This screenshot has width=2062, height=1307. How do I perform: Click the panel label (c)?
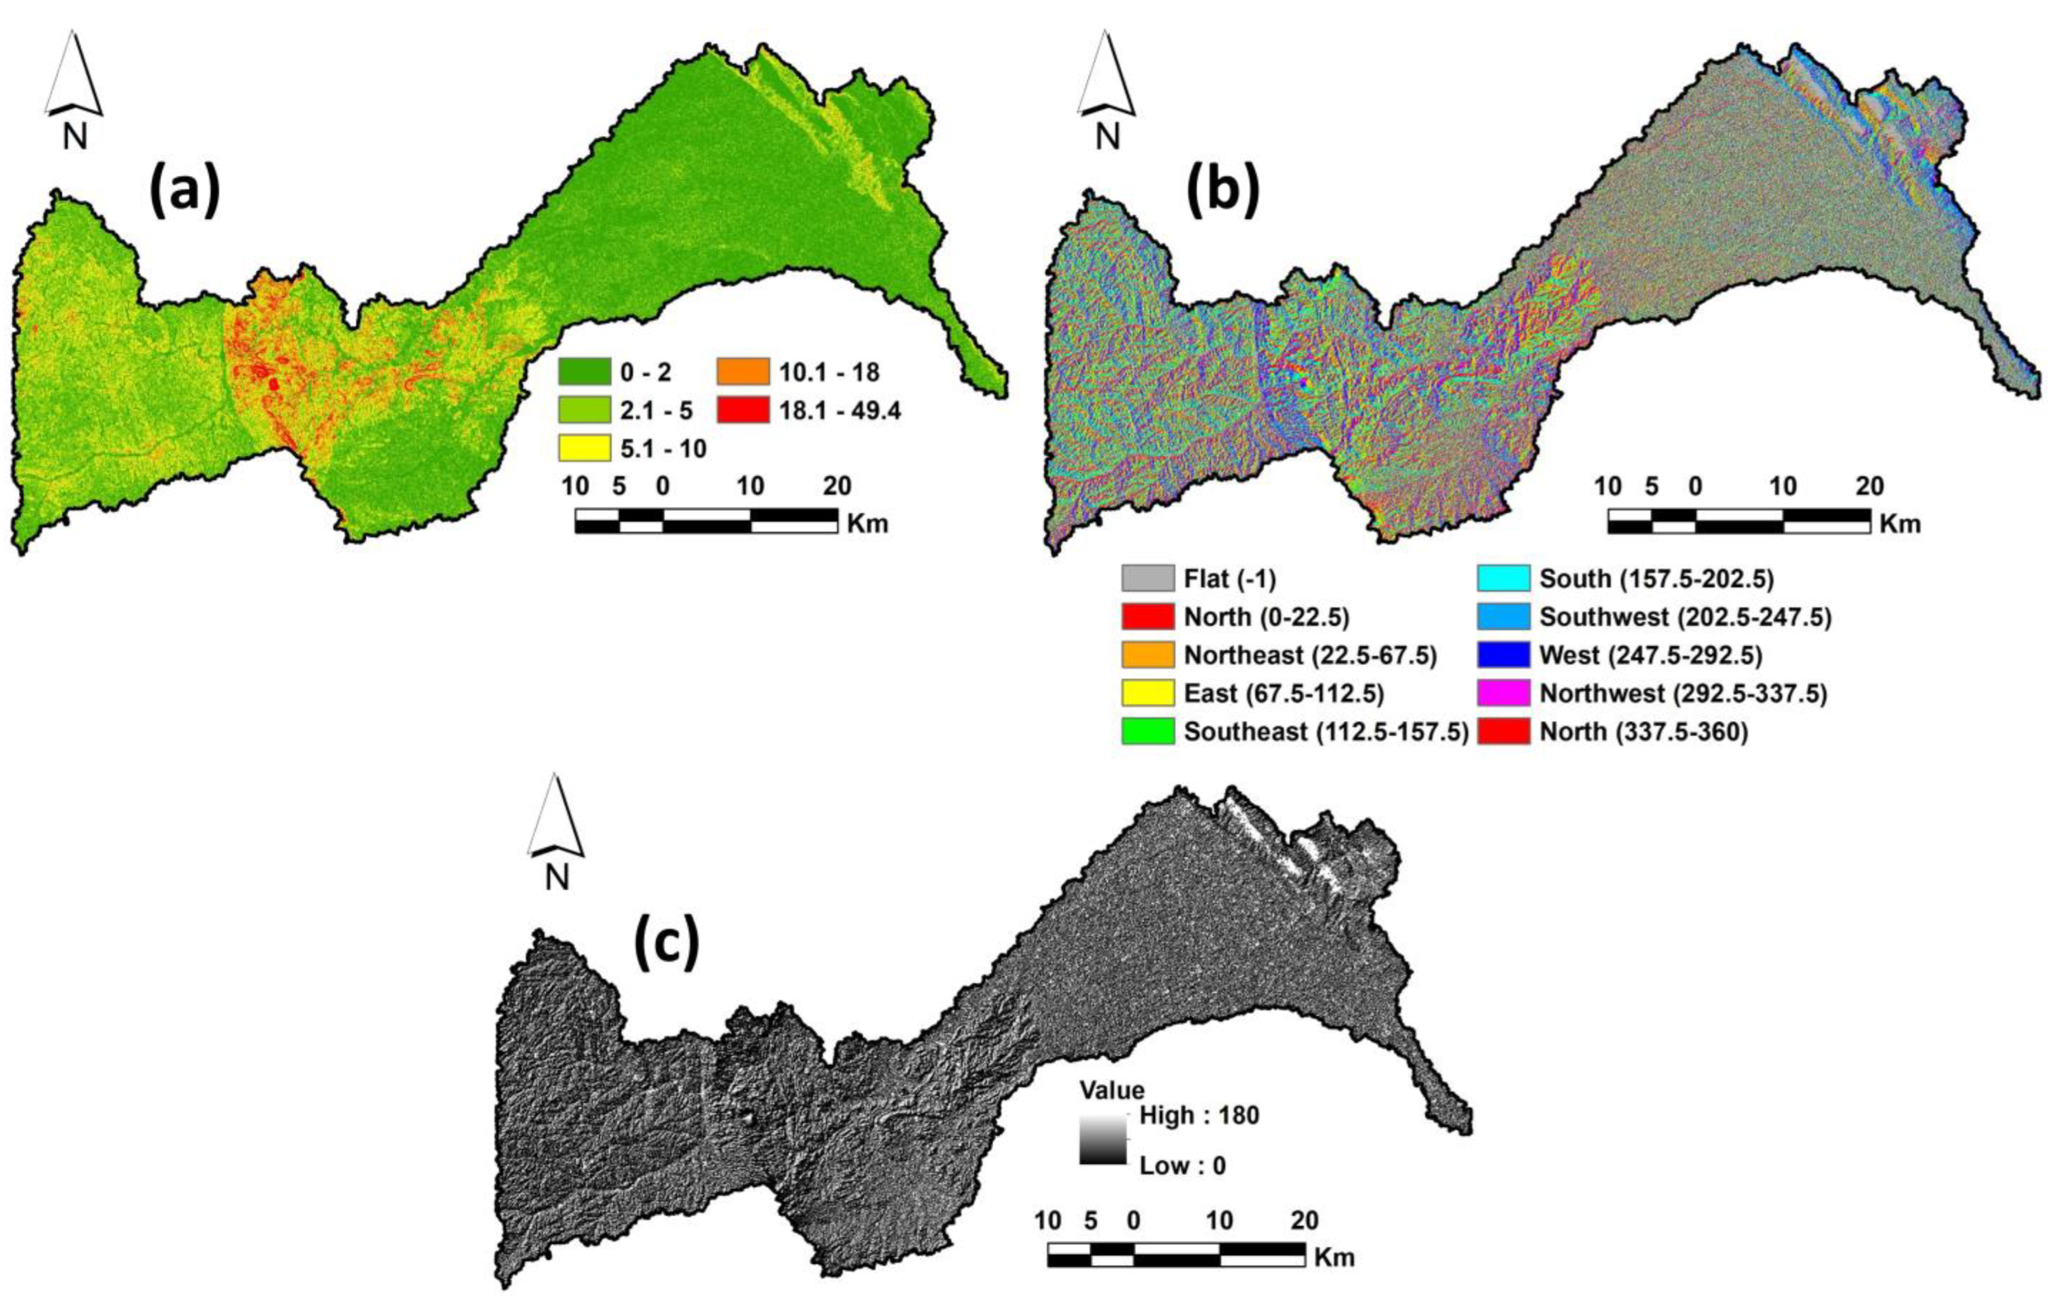coord(666,943)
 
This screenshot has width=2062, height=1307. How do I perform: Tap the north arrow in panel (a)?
coord(74,86)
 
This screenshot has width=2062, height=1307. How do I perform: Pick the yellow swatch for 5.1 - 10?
coord(584,448)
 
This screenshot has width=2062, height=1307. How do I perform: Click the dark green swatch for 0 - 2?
coord(584,372)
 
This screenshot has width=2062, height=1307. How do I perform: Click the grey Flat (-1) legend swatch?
coord(1147,579)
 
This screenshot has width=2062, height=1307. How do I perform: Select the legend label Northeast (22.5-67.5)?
coord(1310,656)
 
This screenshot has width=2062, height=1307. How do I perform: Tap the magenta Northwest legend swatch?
coord(1504,693)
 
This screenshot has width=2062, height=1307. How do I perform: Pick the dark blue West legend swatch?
coord(1504,656)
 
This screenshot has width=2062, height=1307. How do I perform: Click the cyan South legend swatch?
coord(1504,579)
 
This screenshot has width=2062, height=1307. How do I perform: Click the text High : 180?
coord(1199,1115)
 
